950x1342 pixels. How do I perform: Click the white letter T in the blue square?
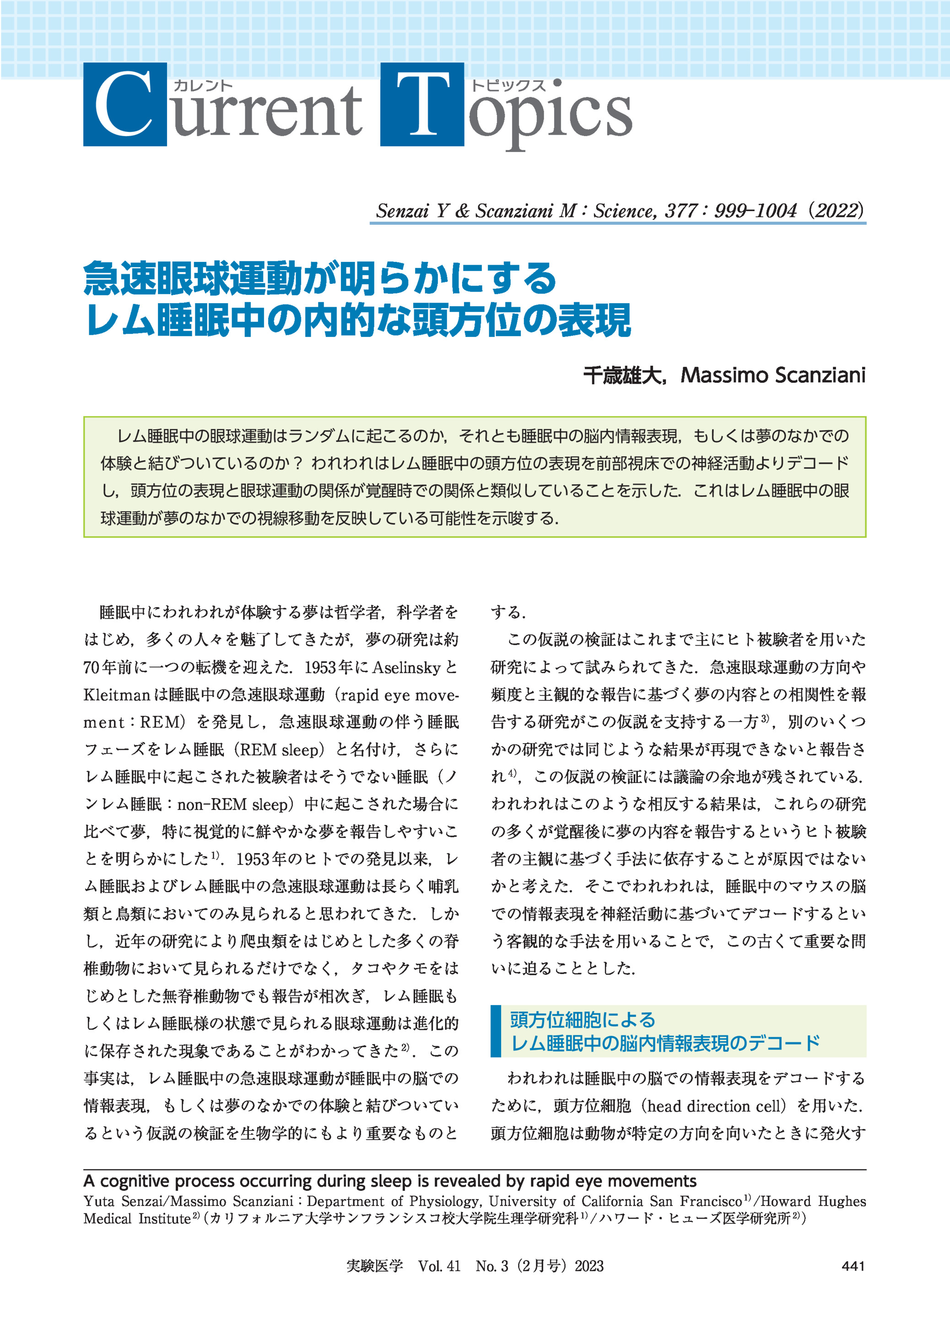(422, 104)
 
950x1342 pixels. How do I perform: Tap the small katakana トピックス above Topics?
(508, 86)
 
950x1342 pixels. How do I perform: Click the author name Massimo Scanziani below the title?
(773, 375)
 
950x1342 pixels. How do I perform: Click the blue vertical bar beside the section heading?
(496, 1031)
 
